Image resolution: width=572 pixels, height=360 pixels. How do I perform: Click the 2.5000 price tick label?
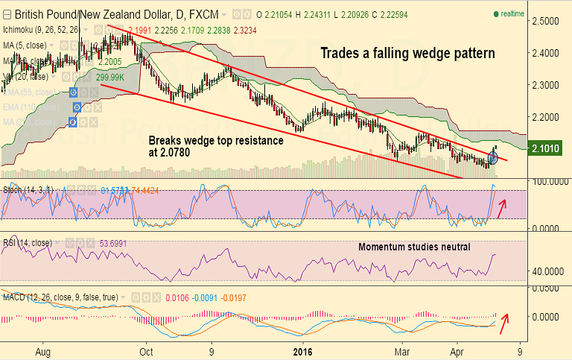(547, 21)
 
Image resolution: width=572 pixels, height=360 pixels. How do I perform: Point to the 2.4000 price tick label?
(547, 53)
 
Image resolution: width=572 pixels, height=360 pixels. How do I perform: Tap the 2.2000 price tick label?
(547, 118)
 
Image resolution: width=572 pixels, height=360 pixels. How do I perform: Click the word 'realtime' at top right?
(512, 13)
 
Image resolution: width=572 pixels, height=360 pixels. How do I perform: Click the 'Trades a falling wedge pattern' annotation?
(407, 54)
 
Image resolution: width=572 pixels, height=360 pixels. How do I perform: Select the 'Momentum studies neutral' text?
(414, 247)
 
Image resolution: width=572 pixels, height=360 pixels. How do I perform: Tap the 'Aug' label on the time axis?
(43, 350)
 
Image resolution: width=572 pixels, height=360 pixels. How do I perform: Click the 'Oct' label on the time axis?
(146, 350)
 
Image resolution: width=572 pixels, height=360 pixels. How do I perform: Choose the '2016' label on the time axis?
(303, 350)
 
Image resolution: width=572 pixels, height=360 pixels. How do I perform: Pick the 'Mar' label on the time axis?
(402, 350)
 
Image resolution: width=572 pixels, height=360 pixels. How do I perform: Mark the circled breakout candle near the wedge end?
(493, 157)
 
